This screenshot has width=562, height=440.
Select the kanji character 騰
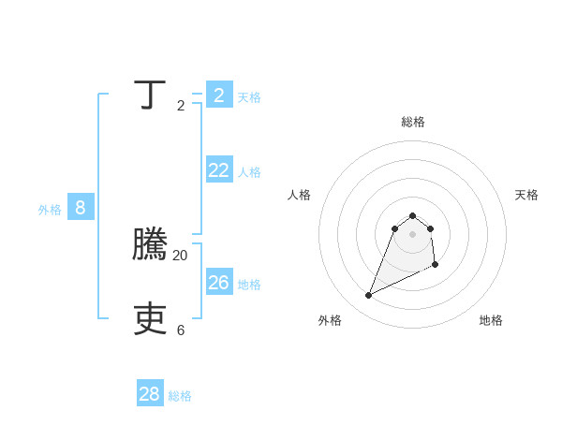pos(150,244)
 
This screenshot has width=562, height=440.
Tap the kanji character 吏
pos(150,319)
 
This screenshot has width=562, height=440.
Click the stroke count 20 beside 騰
pos(181,255)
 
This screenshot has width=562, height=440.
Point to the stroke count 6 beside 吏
pos(181,330)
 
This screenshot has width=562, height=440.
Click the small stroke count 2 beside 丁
pos(181,106)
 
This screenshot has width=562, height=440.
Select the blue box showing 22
pos(219,169)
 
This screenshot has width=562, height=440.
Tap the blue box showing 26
pos(219,282)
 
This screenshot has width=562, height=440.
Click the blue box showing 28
pos(150,394)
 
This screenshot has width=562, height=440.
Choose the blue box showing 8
pos(81,207)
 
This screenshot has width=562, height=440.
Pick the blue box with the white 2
pos(219,95)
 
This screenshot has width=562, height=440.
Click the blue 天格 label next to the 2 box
pos(249,97)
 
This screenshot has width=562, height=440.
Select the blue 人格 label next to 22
pos(249,172)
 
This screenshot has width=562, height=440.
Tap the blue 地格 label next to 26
pos(249,285)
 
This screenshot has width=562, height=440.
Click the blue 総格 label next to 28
pos(180,397)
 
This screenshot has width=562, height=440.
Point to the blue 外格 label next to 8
pos(50,210)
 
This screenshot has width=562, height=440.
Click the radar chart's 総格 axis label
pos(413,122)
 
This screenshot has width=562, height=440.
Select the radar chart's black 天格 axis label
pos(526,195)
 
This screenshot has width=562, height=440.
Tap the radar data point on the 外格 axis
pos(368,296)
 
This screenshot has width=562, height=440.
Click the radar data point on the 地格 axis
pos(436,266)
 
